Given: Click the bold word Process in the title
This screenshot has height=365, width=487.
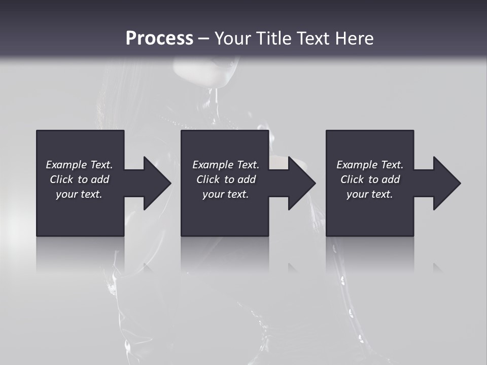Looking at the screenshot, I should (159, 39).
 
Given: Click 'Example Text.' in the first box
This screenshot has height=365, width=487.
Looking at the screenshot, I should (79, 165).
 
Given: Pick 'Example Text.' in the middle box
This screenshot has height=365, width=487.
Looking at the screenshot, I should (226, 165).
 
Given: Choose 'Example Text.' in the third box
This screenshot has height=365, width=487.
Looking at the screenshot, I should (370, 165).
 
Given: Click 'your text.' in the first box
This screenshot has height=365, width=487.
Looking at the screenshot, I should (79, 194).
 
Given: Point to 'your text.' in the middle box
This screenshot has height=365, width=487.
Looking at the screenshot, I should (226, 194).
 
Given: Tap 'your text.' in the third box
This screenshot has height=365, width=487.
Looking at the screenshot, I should (370, 194).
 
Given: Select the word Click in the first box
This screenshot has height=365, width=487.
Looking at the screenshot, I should (61, 179).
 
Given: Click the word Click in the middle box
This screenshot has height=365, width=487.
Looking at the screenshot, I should (208, 179).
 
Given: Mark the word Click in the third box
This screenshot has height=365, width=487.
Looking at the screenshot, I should (352, 179).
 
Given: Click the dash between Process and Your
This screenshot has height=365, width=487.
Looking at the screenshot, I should (204, 39).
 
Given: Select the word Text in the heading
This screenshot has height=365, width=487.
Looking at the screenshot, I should (314, 39).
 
